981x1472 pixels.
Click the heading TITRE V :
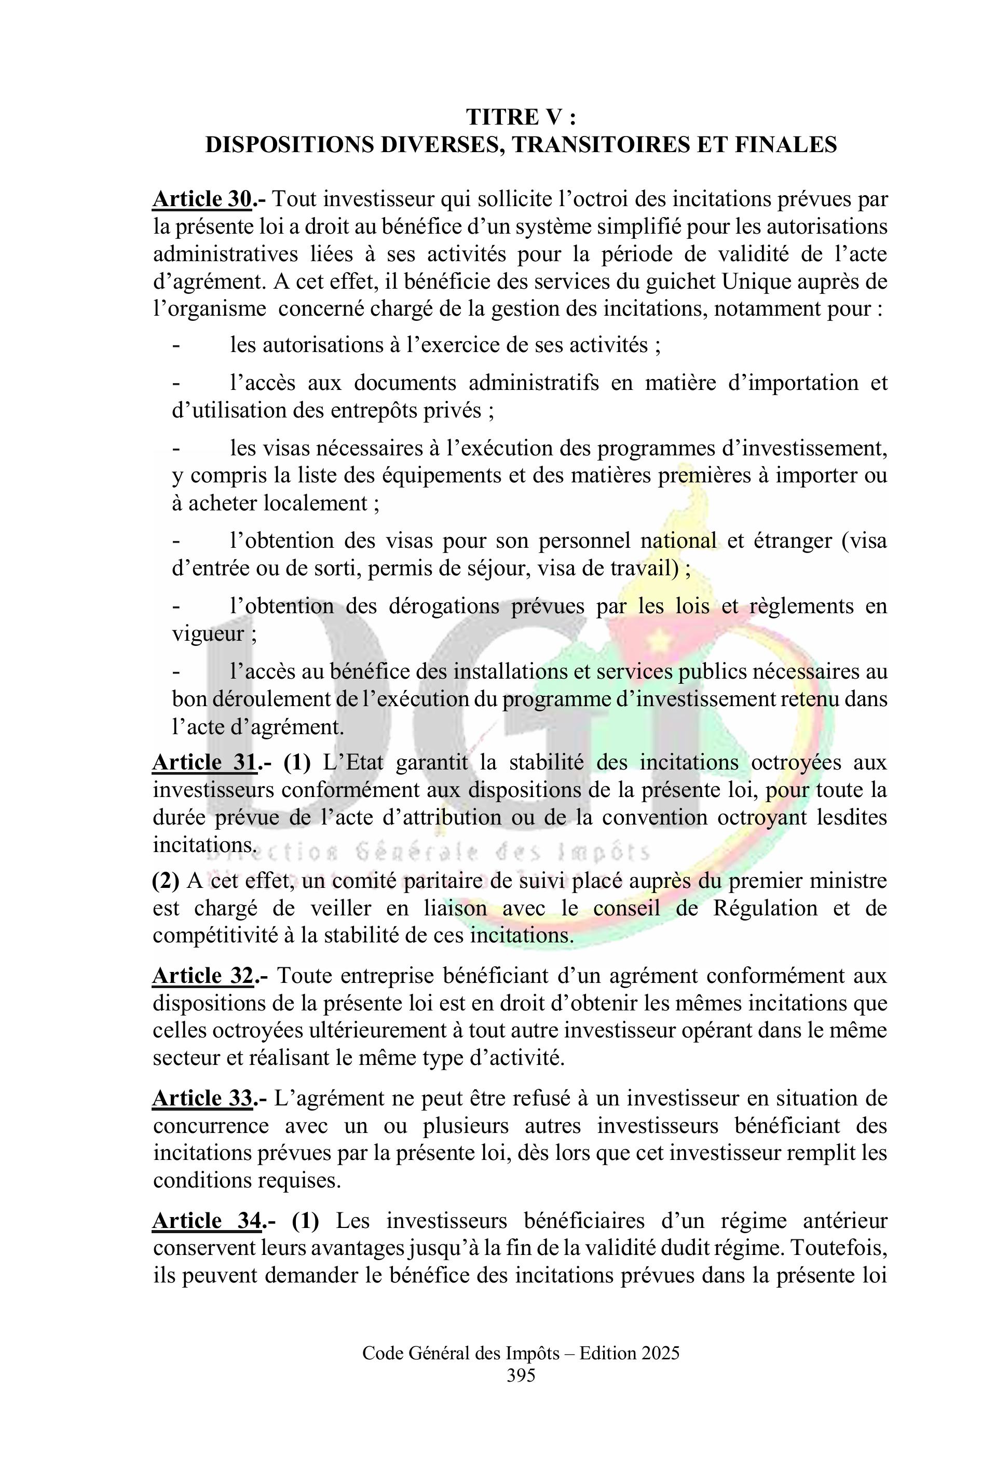(521, 117)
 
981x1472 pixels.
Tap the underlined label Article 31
(205, 762)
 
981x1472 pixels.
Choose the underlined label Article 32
(203, 976)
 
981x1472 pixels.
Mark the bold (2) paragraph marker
(166, 881)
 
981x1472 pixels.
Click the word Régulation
(765, 908)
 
